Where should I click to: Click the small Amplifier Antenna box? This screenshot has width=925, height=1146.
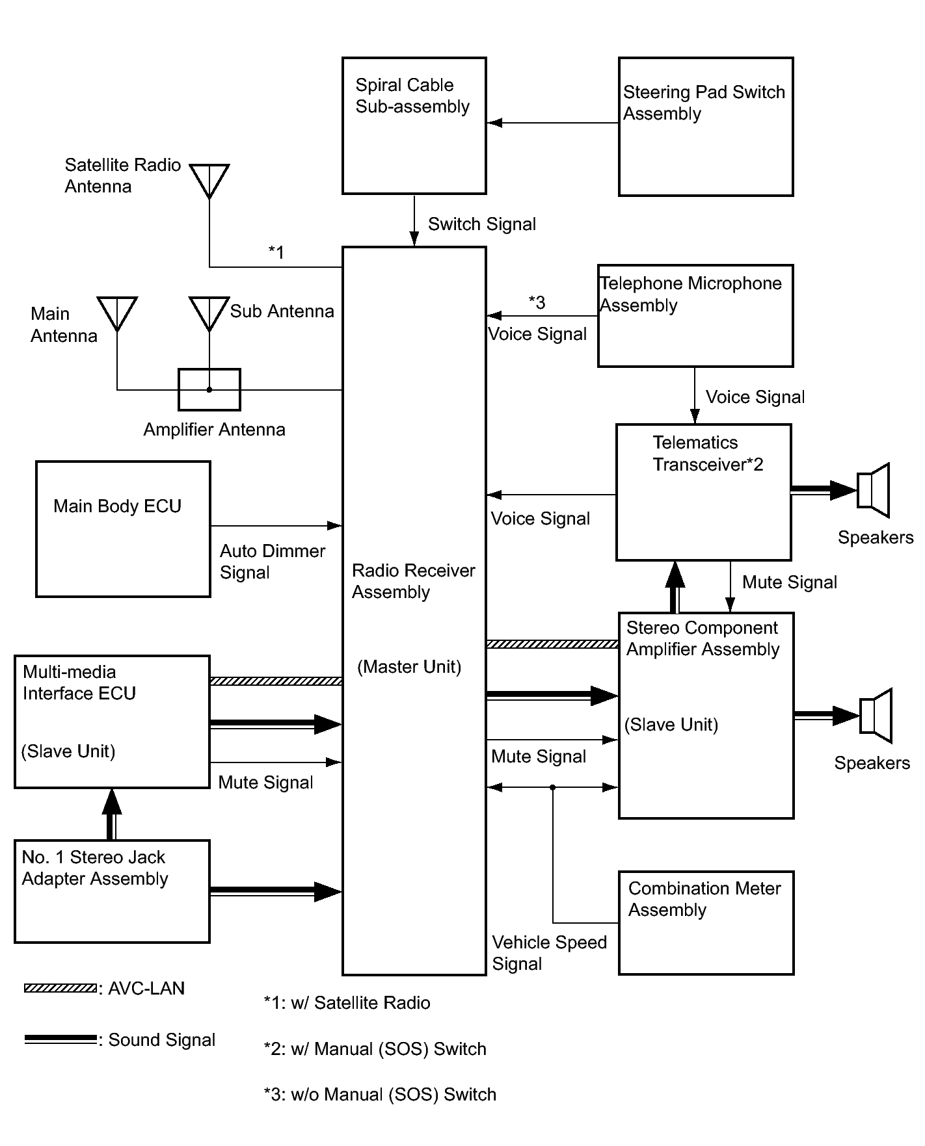tap(209, 389)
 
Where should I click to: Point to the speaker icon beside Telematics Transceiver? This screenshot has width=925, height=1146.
tap(874, 490)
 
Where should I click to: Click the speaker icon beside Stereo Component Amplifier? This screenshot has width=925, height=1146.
tap(876, 716)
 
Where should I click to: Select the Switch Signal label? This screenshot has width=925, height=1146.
tap(482, 224)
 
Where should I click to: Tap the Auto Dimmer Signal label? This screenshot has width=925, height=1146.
tap(272, 562)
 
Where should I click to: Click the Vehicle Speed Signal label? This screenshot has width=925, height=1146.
tap(549, 953)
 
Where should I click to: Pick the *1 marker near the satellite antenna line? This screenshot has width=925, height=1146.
tap(276, 252)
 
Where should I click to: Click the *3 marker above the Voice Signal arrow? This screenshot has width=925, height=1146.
tap(537, 302)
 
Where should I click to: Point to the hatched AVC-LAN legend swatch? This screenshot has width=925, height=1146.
tap(60, 988)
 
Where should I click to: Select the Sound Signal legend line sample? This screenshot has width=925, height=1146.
tap(60, 1039)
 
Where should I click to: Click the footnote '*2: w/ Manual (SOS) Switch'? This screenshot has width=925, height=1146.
tap(375, 1049)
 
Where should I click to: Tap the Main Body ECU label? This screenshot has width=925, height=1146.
tap(117, 506)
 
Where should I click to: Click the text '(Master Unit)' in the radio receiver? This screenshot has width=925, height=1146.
tap(409, 667)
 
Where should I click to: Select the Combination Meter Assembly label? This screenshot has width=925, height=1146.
tap(704, 899)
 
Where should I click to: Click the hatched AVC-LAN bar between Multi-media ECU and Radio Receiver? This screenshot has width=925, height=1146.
tap(276, 681)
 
